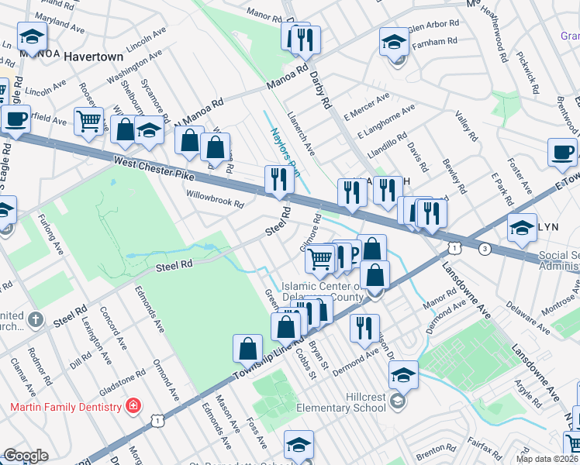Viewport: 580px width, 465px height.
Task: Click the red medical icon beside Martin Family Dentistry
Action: [133, 406]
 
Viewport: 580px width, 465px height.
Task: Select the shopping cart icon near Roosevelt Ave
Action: [88, 121]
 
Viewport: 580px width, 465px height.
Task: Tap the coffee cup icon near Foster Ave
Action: [562, 152]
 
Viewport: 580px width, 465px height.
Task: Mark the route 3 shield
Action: [485, 249]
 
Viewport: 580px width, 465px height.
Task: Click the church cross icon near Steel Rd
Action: [35, 319]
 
